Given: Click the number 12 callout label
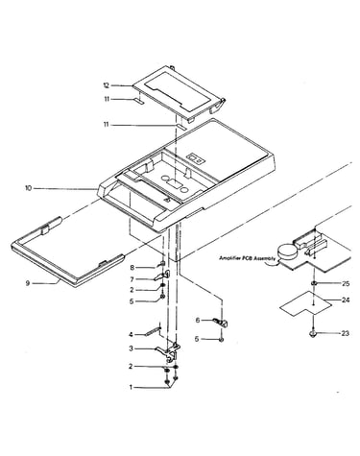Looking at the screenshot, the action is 107,85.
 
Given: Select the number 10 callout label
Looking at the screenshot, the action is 29,188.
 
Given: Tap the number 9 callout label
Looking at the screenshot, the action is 28,283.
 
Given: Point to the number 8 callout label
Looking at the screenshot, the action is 132,268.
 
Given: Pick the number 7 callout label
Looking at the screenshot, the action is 132,279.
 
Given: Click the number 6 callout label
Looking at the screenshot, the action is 198,320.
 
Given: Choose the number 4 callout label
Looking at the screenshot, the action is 131,335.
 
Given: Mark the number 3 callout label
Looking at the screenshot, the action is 131,348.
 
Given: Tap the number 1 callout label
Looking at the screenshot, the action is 131,387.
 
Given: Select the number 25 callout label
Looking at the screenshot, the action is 346,283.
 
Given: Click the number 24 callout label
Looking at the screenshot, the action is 346,300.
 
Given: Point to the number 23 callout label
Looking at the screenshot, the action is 345,333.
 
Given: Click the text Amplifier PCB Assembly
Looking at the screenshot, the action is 247,258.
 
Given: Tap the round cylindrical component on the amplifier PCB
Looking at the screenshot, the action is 287,252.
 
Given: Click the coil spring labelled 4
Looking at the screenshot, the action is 153,331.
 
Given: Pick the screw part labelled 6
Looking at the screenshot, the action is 220,322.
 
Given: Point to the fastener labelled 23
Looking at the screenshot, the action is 313,334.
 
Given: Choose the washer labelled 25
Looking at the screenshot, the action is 314,283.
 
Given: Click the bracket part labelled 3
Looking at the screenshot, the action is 169,351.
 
